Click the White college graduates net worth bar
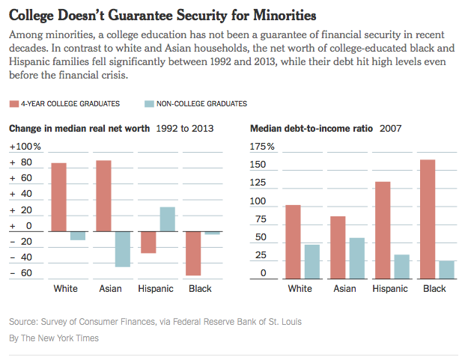(x=59, y=197)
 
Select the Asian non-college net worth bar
(x=123, y=249)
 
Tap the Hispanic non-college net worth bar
(x=168, y=219)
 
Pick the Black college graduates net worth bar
(x=193, y=254)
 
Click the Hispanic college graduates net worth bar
(x=148, y=242)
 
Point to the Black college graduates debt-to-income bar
(x=428, y=219)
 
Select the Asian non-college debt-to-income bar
(x=357, y=258)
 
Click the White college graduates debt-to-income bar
(x=294, y=242)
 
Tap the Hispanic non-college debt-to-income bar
(x=402, y=266)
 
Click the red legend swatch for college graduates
(x=14, y=104)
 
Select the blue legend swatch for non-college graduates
(x=149, y=104)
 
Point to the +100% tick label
(x=25, y=147)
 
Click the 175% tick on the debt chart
(x=262, y=147)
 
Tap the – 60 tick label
(x=21, y=273)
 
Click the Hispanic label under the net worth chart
(x=156, y=289)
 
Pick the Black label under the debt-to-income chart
(x=434, y=289)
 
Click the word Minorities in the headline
(x=285, y=15)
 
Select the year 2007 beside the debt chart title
(x=391, y=129)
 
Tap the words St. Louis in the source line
(x=285, y=322)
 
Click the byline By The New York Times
(x=54, y=338)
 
